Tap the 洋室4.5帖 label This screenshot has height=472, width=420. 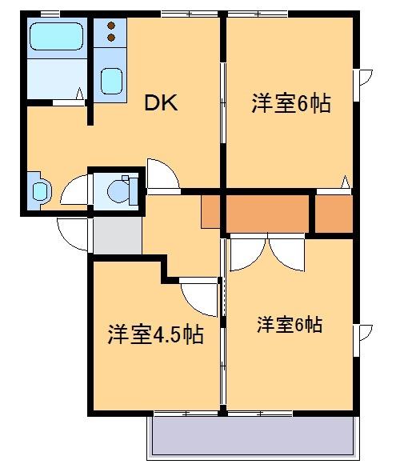[x=155, y=334]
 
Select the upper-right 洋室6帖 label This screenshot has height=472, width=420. [x=291, y=104]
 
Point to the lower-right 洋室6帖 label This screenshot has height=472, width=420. [x=290, y=325]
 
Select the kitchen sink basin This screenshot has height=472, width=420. [x=111, y=81]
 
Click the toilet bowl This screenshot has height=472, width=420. [x=118, y=190]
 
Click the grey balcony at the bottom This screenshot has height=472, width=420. [x=250, y=438]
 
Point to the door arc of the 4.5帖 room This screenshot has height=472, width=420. [x=197, y=298]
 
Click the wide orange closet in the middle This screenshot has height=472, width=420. [x=267, y=212]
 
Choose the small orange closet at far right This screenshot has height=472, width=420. [x=333, y=212]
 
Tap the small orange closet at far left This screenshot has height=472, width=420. [x=211, y=212]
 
